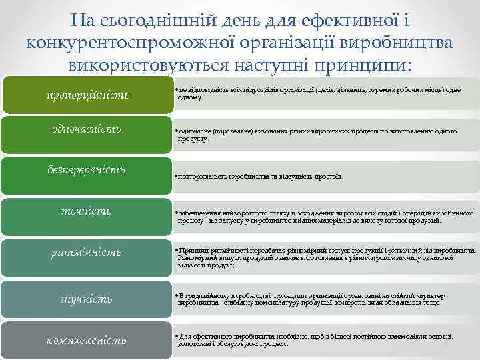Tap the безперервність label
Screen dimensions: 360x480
pos(87,169)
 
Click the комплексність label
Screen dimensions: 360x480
pos(87,340)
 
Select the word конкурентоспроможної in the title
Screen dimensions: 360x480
pos(133,43)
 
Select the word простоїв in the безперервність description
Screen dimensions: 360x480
pos(331,177)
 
